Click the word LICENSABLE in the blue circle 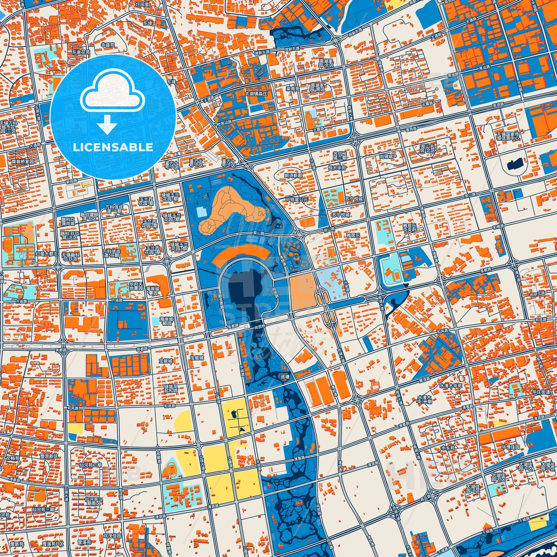pyautogui.click(x=113, y=147)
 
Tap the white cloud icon pyautogui.click(x=113, y=91)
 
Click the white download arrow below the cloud pyautogui.click(x=107, y=124)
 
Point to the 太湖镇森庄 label pyautogui.click(x=256, y=94)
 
